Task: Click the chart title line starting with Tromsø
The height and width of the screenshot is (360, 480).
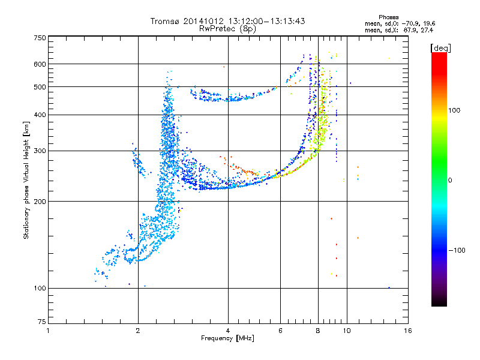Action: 227,21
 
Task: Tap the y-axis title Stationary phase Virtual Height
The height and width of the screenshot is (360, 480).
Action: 26,180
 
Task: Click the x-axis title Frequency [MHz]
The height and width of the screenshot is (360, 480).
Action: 227,338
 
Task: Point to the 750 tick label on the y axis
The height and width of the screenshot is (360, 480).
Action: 40,37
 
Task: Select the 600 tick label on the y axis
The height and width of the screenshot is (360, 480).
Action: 40,64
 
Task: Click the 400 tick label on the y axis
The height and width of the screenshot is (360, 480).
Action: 40,115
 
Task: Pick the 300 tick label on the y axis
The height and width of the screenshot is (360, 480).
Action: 40,151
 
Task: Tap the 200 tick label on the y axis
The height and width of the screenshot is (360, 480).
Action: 40,201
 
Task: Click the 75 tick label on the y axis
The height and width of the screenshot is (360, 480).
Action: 41,324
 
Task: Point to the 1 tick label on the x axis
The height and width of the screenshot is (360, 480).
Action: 48,331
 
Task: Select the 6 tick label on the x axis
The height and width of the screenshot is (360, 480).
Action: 280,331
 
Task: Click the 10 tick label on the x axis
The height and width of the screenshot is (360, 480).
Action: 346,331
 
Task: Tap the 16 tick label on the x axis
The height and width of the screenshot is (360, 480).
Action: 407,331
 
